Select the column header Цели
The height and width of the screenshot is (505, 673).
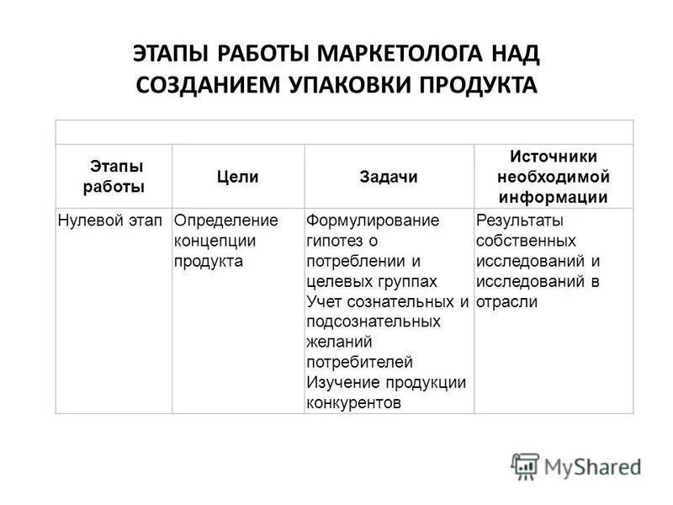(x=238, y=177)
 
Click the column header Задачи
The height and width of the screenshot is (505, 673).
(x=388, y=177)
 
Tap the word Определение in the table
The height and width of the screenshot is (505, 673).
(x=225, y=221)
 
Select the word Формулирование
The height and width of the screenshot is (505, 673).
(x=373, y=221)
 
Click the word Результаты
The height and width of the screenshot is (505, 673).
(x=519, y=221)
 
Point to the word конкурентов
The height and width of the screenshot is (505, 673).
(x=353, y=402)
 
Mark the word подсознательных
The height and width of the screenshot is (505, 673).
(x=373, y=322)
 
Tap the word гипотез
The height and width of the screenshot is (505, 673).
(x=334, y=241)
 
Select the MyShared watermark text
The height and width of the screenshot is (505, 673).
(x=592, y=466)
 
